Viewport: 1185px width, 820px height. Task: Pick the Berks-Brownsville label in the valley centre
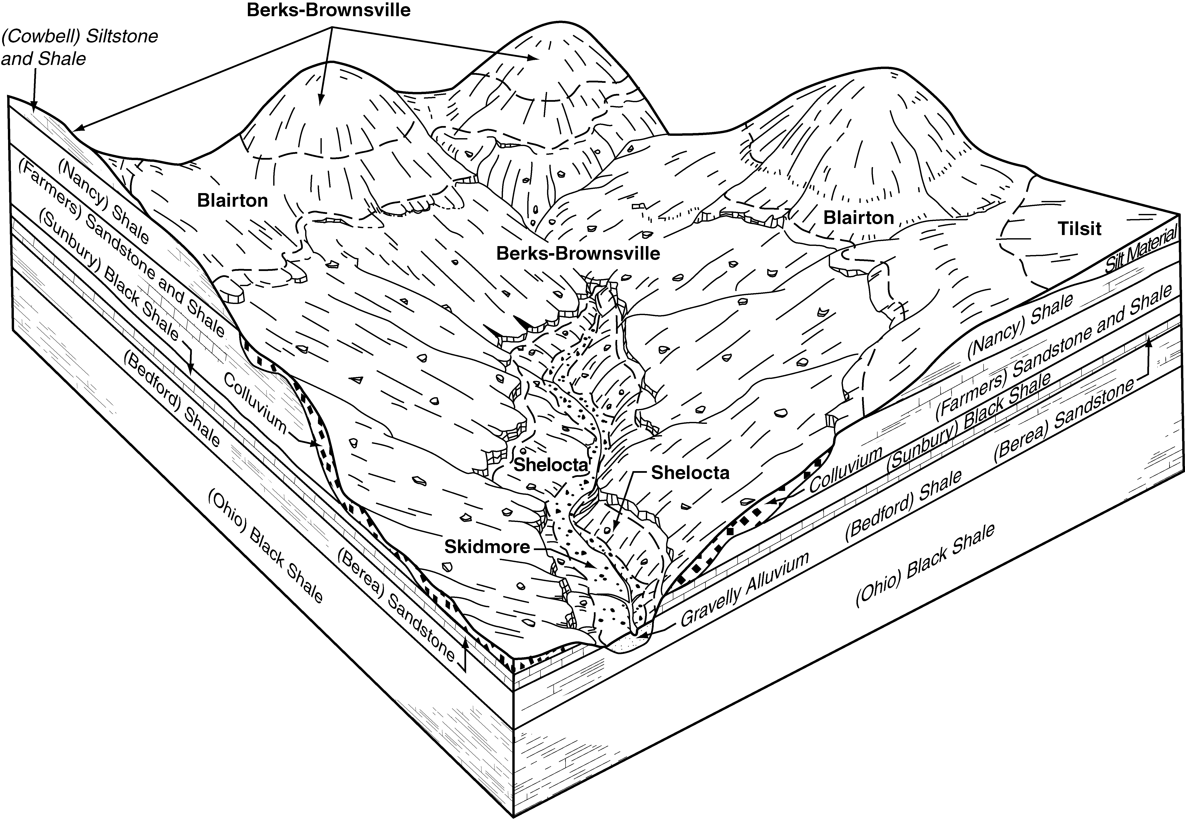click(x=578, y=253)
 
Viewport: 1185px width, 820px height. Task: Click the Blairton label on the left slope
click(x=232, y=200)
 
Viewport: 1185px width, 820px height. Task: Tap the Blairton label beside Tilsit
click(x=859, y=218)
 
